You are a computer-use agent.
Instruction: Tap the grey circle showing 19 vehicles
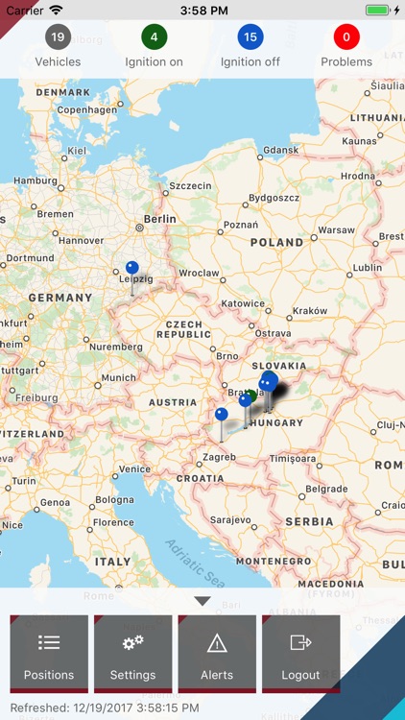coord(58,38)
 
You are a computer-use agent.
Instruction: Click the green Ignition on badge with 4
coord(154,38)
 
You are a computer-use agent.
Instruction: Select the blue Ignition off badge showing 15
coord(250,38)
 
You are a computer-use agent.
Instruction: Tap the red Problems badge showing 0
coord(346,38)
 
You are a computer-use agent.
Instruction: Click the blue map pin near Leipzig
coord(132,269)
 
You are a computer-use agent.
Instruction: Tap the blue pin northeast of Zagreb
coord(222,415)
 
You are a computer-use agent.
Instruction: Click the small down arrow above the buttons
coord(202,601)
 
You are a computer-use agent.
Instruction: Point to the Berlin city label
coord(160,219)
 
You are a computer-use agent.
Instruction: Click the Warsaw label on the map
coord(336,230)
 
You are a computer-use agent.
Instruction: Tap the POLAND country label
coord(276,243)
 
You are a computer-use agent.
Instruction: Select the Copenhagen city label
coord(86,110)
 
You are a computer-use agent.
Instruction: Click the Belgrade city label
coord(326,489)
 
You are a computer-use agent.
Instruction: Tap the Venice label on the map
coord(134,468)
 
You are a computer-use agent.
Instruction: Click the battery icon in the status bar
coord(379,10)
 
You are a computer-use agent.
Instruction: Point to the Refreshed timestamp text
coord(105,708)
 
